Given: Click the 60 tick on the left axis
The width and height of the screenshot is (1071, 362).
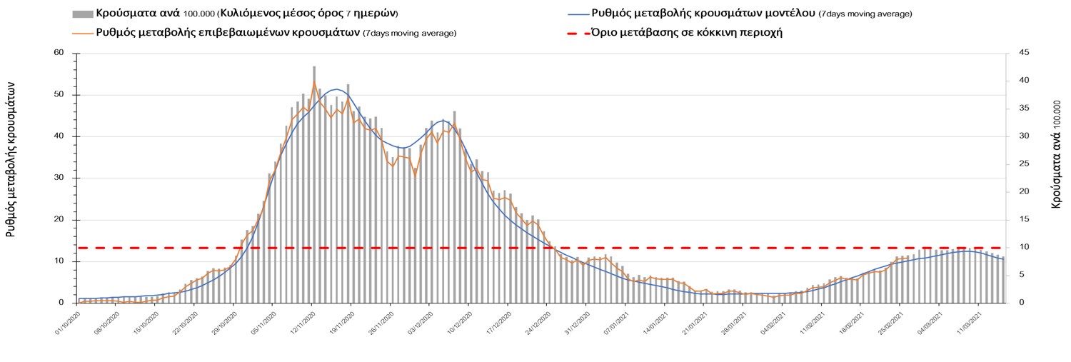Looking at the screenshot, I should coord(59,53).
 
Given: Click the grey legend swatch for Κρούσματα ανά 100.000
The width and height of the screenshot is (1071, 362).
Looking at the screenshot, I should coord(83,14).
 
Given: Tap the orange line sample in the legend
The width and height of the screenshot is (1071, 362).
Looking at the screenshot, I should coord(83,33).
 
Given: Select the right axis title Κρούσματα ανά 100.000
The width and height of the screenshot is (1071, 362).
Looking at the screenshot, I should coord(1056,154).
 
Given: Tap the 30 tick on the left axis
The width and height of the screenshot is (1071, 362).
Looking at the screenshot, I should coord(59,178).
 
